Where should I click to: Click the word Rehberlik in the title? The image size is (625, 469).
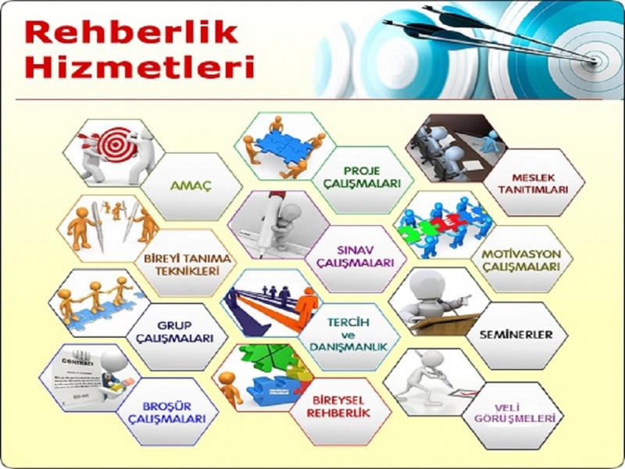pyautogui.click(x=131, y=32)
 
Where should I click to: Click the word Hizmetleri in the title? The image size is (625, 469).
pyautogui.click(x=140, y=66)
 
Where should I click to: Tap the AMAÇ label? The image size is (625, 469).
pyautogui.click(x=191, y=186)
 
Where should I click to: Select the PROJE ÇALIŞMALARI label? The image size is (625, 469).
pyautogui.click(x=362, y=177)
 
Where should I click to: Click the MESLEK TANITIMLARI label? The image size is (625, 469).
pyautogui.click(x=534, y=184)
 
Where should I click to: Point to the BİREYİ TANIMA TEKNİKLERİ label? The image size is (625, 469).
pyautogui.click(x=187, y=264)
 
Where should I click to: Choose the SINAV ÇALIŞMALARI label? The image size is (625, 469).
pyautogui.click(x=355, y=256)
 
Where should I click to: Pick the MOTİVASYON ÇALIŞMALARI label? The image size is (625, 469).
pyautogui.click(x=521, y=260)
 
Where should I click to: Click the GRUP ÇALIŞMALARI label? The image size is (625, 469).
pyautogui.click(x=174, y=331)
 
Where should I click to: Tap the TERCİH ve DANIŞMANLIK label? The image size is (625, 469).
pyautogui.click(x=348, y=335)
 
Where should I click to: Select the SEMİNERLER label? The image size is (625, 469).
pyautogui.click(x=516, y=335)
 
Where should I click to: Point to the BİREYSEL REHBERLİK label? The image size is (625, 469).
pyautogui.click(x=338, y=406)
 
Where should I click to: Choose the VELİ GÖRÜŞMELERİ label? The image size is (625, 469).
pyautogui.click(x=514, y=414)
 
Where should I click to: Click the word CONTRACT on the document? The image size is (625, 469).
pyautogui.click(x=77, y=361)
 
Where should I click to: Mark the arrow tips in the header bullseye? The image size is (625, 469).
pyautogui.click(x=594, y=61)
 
